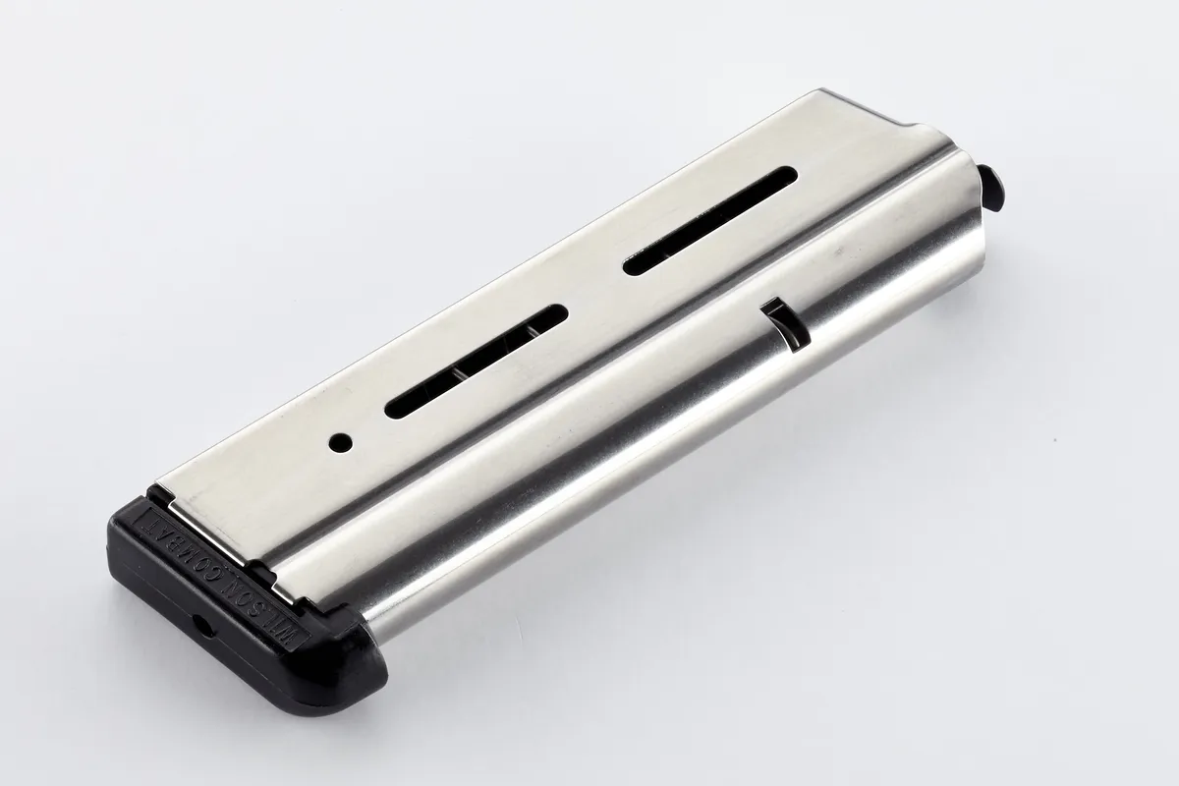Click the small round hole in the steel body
pos(341,442)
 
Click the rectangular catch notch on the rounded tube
pos(783,325)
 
